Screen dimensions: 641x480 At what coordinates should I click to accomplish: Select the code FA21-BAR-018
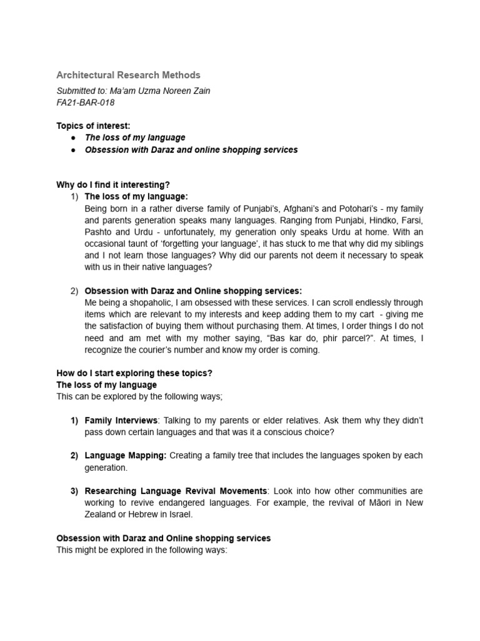(86, 103)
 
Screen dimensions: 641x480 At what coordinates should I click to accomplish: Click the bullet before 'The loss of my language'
(73, 138)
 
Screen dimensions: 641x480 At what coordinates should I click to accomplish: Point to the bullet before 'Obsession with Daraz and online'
(73, 150)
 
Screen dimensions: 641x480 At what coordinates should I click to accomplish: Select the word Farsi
(411, 221)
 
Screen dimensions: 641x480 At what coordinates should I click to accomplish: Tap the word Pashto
(98, 232)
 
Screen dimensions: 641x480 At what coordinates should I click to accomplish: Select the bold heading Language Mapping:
(126, 456)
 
